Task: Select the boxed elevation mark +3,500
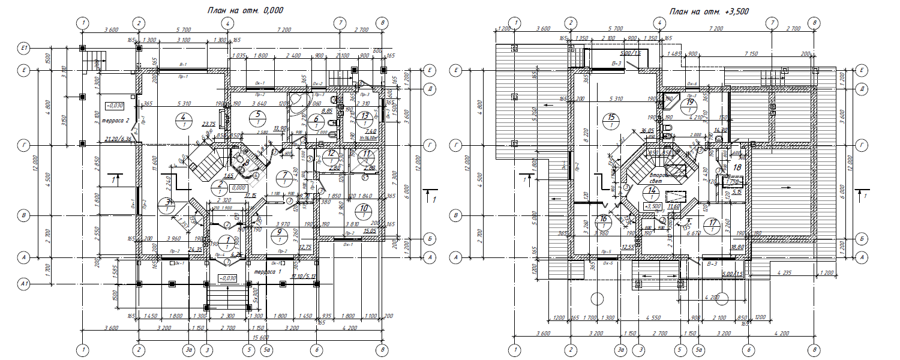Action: (x=652, y=206)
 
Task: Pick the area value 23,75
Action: (x=209, y=124)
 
